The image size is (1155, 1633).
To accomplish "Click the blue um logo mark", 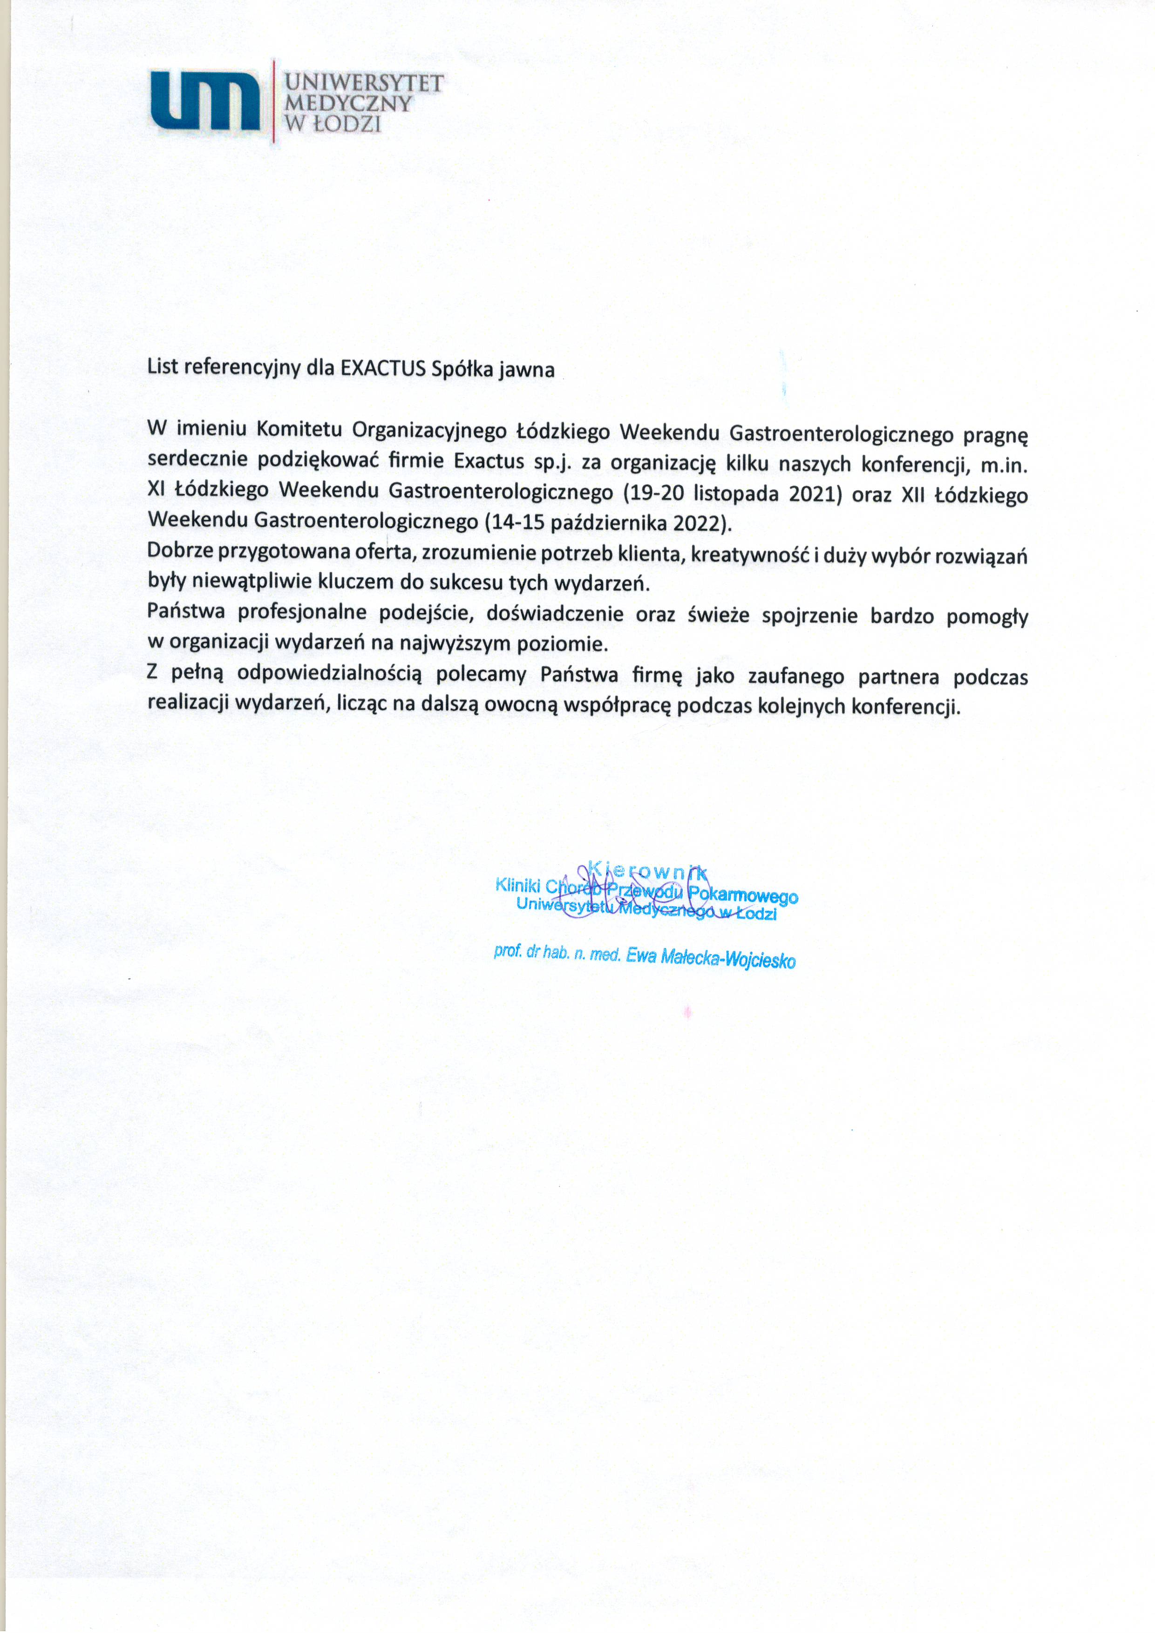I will (x=205, y=101).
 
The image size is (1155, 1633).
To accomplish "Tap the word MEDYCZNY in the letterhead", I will (x=348, y=104).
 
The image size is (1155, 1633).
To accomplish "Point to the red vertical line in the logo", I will (x=274, y=101).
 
